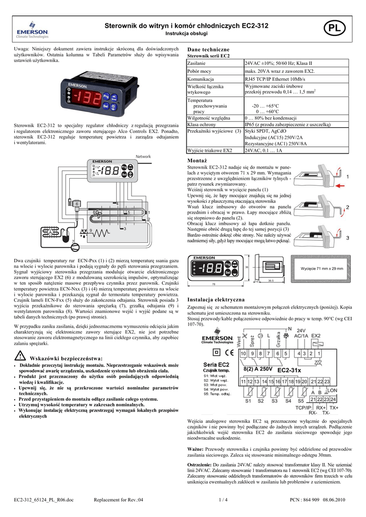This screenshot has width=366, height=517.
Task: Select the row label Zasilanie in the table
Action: pyautogui.click(x=196, y=64)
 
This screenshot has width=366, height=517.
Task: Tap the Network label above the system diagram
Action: pyautogui.click(x=144, y=157)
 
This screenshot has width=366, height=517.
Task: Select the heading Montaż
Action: pyautogui.click(x=197, y=160)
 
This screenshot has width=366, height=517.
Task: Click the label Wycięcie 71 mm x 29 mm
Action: pyautogui.click(x=322, y=269)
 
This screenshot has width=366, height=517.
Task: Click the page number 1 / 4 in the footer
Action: pyautogui.click(x=222, y=500)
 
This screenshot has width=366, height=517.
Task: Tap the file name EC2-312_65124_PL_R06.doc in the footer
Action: pyautogui.click(x=43, y=500)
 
